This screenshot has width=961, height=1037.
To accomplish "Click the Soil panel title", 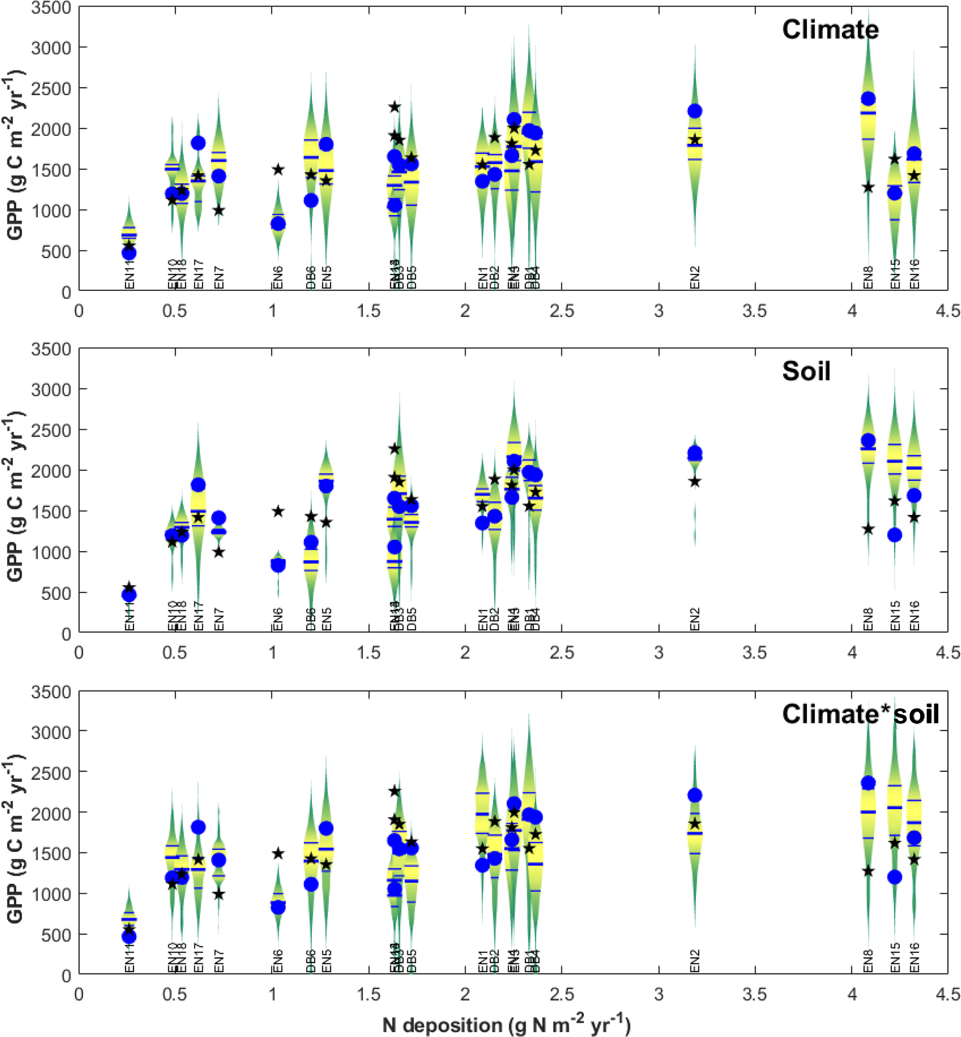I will pyautogui.click(x=806, y=371).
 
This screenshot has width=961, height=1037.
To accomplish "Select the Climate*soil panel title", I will pyautogui.click(x=860, y=714).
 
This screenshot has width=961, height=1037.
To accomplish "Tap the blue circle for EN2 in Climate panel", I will pyautogui.click(x=695, y=111).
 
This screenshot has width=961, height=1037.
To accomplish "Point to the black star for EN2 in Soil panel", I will pyautogui.click(x=695, y=482).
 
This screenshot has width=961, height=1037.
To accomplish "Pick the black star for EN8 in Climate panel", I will pyautogui.click(x=868, y=187).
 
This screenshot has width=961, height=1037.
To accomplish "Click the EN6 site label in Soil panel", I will pyautogui.click(x=278, y=619).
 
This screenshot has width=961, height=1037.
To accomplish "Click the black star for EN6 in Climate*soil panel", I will pyautogui.click(x=278, y=853).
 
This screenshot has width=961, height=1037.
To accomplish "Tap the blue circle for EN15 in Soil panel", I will pyautogui.click(x=895, y=535).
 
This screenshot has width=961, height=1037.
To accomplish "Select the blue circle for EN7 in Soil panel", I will pyautogui.click(x=219, y=518).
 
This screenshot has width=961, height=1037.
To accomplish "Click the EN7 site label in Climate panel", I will pyautogui.click(x=219, y=277).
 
